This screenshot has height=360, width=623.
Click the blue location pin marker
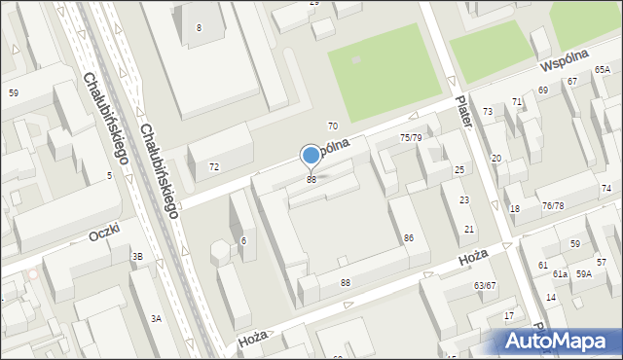click(x=311, y=155)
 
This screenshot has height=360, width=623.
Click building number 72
click(x=213, y=167)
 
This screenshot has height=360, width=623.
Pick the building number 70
click(x=332, y=126)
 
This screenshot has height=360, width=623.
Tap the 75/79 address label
click(x=411, y=138)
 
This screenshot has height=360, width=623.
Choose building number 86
click(x=409, y=238)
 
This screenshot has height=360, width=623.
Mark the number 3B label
click(x=137, y=256)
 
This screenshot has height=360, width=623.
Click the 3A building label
click(x=155, y=318)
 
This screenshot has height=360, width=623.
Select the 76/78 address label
click(x=553, y=205)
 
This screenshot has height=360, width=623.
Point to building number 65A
click(x=603, y=70)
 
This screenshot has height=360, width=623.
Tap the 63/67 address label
click(x=485, y=286)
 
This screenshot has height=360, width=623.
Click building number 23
click(x=464, y=199)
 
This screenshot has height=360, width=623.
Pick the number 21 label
click(x=469, y=229)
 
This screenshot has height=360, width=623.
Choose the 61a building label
click(x=560, y=275)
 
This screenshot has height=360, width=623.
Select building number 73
click(x=488, y=113)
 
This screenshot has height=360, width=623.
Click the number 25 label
click(x=458, y=170)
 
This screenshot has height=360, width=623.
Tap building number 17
click(x=508, y=316)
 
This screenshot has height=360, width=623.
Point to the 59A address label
click(x=583, y=275)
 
